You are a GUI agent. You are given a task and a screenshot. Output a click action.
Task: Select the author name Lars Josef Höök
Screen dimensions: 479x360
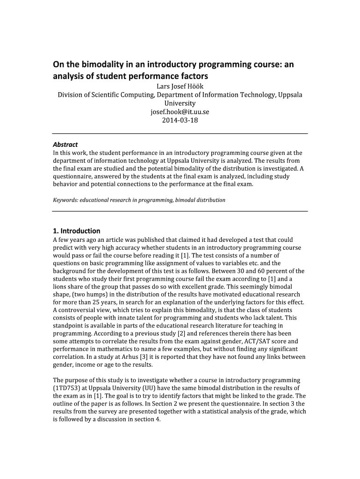click(x=180, y=86)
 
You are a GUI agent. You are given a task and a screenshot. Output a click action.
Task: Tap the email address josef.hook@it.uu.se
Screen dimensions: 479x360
click(x=180, y=112)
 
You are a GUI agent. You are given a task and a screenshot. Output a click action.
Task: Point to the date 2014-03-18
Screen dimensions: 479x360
click(x=180, y=120)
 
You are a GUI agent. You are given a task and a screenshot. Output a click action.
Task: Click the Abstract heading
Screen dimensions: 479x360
click(x=65, y=144)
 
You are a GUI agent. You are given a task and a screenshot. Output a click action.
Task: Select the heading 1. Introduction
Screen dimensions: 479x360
click(x=77, y=231)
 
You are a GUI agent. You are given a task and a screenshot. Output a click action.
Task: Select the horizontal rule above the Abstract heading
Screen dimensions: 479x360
click(x=180, y=134)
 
